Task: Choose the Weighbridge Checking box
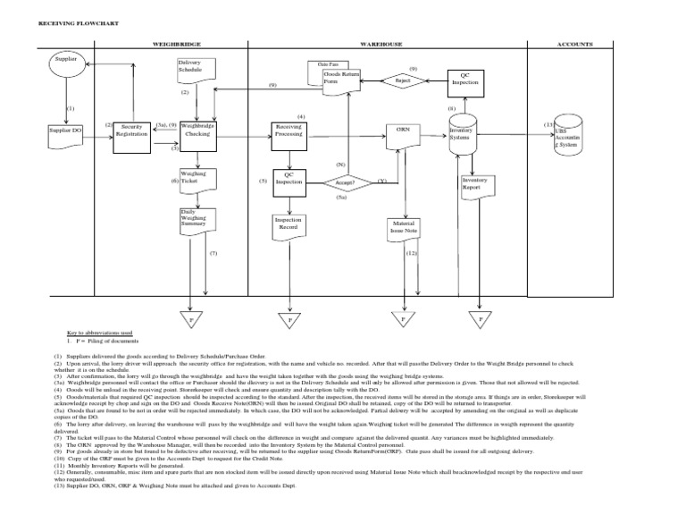199,135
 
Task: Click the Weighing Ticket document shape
199,181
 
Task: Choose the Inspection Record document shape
289,225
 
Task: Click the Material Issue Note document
407,229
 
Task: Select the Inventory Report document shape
478,185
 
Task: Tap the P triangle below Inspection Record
289,318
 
